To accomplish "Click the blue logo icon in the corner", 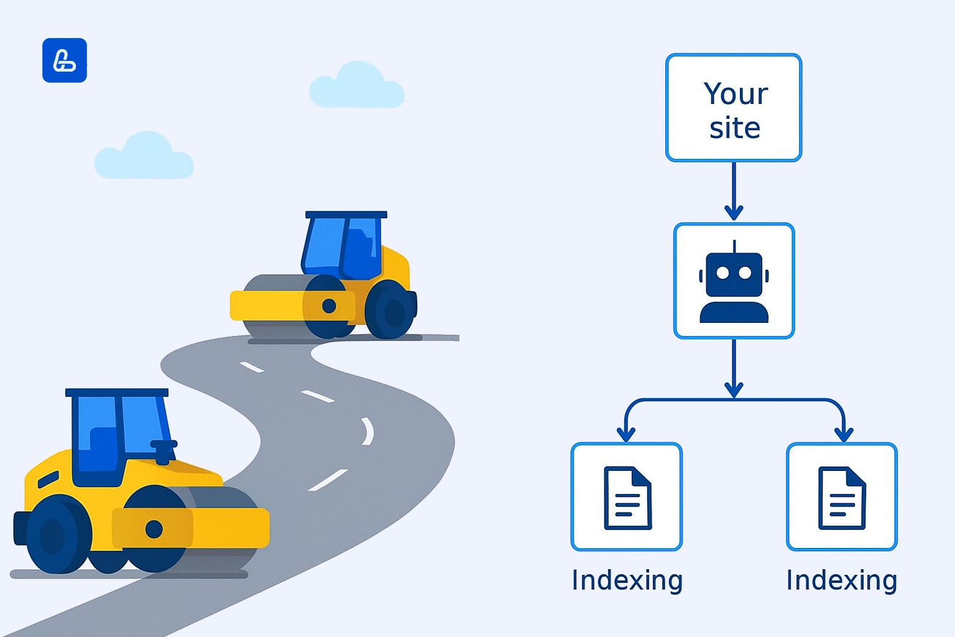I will tap(65, 60).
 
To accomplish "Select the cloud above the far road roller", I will tap(357, 87).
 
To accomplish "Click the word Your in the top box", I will tap(736, 95).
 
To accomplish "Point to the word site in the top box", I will tap(734, 128).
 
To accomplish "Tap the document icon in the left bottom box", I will tap(627, 498).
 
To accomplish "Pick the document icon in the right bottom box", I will tap(842, 498).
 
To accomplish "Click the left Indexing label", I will tap(627, 580).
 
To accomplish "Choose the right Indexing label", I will tap(841, 580).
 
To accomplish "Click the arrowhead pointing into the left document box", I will tap(626, 434).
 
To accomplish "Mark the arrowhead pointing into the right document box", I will tap(844, 434).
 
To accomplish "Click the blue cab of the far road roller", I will tap(343, 246).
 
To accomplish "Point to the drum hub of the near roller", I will tap(154, 529).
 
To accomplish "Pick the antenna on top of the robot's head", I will tap(734, 246).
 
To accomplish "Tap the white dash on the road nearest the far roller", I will tap(252, 367).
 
